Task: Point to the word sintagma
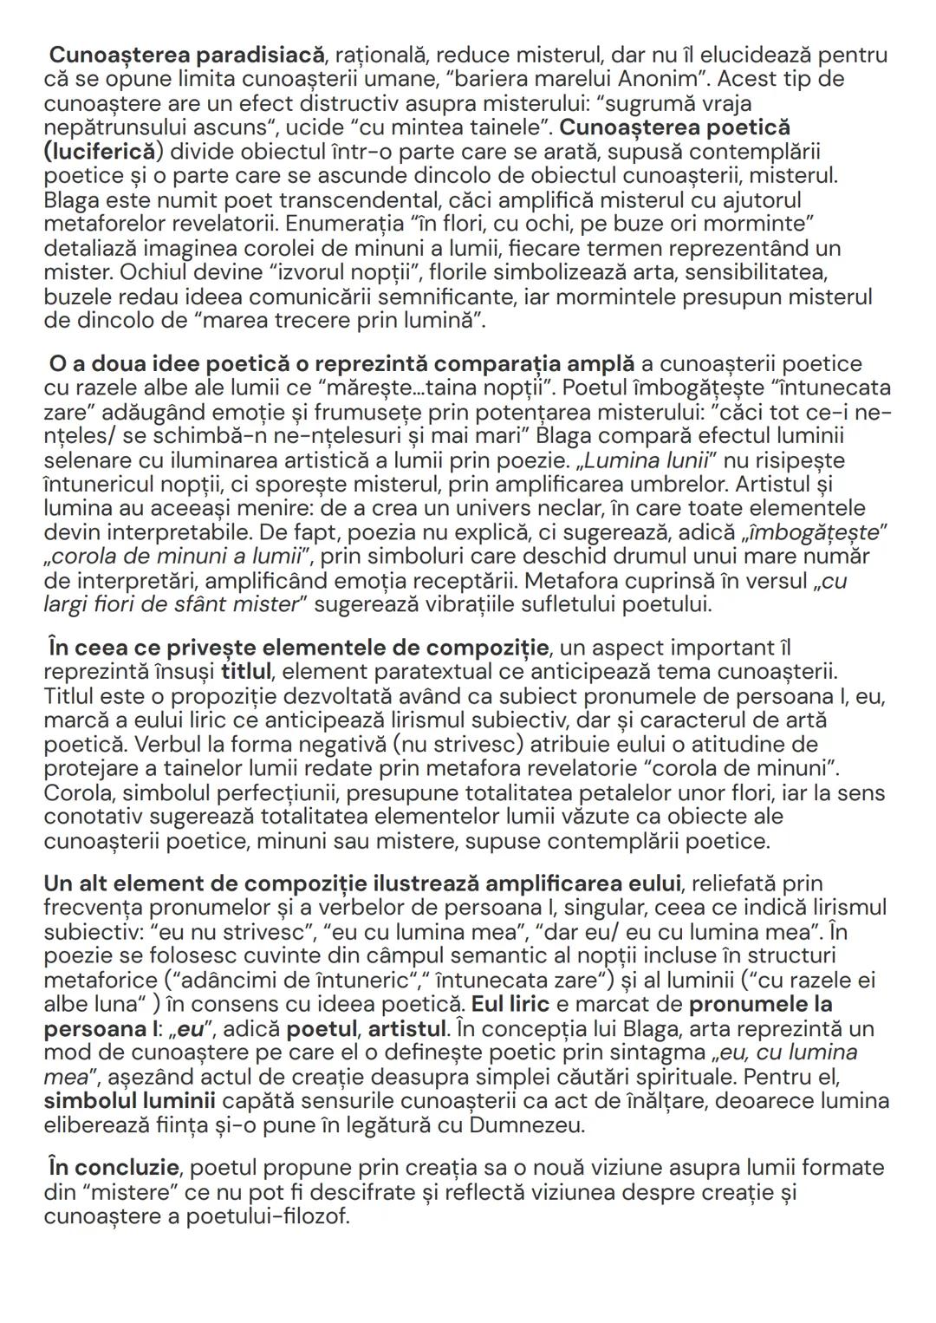[599, 1053]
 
